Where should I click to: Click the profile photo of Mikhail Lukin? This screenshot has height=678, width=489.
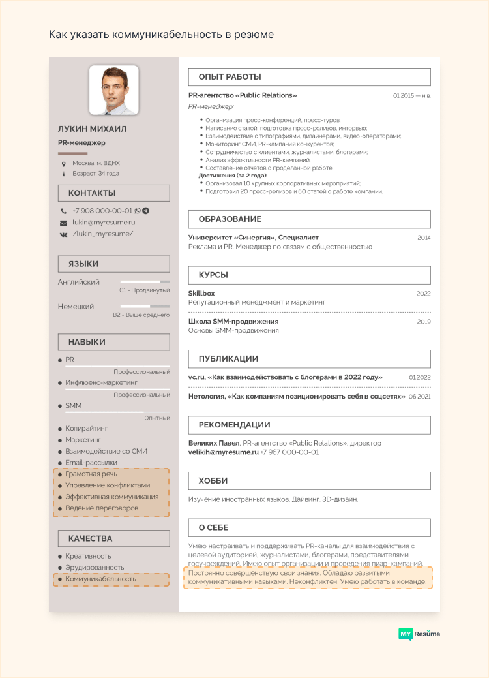tap(113, 90)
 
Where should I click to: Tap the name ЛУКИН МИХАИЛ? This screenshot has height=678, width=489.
tap(92, 129)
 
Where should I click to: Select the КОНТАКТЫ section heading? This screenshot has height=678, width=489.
tap(92, 193)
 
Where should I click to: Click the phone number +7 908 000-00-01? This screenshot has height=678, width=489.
tap(102, 211)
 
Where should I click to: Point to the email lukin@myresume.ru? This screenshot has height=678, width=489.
tap(104, 223)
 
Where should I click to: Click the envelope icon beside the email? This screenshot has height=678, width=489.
tap(63, 223)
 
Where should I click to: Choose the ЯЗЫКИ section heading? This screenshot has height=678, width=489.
tap(83, 264)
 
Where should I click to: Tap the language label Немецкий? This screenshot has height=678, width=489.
tap(76, 306)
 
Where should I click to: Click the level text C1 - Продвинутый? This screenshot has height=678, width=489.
tap(144, 290)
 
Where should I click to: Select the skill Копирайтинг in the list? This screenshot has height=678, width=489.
tap(87, 429)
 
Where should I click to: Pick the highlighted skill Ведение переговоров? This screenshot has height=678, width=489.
tap(102, 508)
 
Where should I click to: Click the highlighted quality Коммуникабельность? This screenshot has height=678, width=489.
tap(100, 579)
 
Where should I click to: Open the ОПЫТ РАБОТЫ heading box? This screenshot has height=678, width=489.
tap(230, 77)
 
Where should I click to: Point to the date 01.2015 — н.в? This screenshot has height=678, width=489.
tap(411, 96)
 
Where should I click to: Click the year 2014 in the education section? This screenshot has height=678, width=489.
tap(424, 238)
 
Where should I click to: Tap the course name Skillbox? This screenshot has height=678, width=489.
tap(201, 294)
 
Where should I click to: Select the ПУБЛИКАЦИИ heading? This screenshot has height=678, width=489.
tap(228, 359)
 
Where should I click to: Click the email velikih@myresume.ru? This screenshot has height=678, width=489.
tap(224, 452)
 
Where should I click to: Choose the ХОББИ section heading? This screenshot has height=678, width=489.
tap(213, 481)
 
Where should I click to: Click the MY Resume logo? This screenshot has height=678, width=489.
tap(419, 634)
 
